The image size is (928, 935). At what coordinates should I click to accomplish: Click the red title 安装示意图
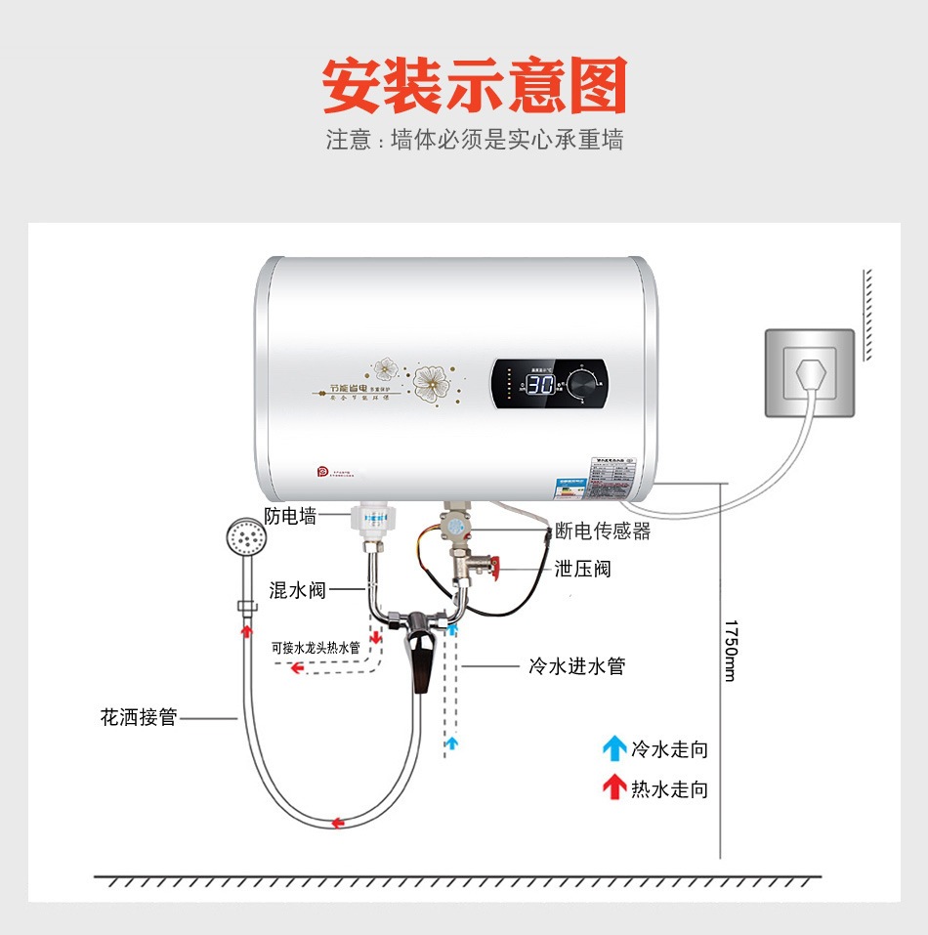point(475,86)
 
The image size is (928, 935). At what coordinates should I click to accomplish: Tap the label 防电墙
point(290,517)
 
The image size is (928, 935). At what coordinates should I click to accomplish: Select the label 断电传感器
point(602,531)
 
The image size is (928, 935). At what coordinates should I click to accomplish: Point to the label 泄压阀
point(582,569)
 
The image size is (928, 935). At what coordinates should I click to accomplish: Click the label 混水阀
point(297,590)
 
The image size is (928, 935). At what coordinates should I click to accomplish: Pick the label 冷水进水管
point(575,666)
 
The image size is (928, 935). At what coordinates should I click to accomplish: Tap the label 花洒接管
point(139,717)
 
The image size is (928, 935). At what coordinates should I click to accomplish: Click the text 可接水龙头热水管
point(316,647)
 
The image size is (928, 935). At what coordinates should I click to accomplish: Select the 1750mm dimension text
point(731,650)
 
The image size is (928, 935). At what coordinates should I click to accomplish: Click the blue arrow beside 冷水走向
point(613,749)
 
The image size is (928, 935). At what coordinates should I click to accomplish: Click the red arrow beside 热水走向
point(613,786)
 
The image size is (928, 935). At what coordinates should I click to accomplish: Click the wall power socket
point(809,373)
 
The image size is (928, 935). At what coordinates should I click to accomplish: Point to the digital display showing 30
point(542,384)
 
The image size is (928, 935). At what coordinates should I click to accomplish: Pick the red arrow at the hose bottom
point(338,823)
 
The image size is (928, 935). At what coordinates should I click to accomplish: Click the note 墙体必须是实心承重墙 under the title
point(506,140)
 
